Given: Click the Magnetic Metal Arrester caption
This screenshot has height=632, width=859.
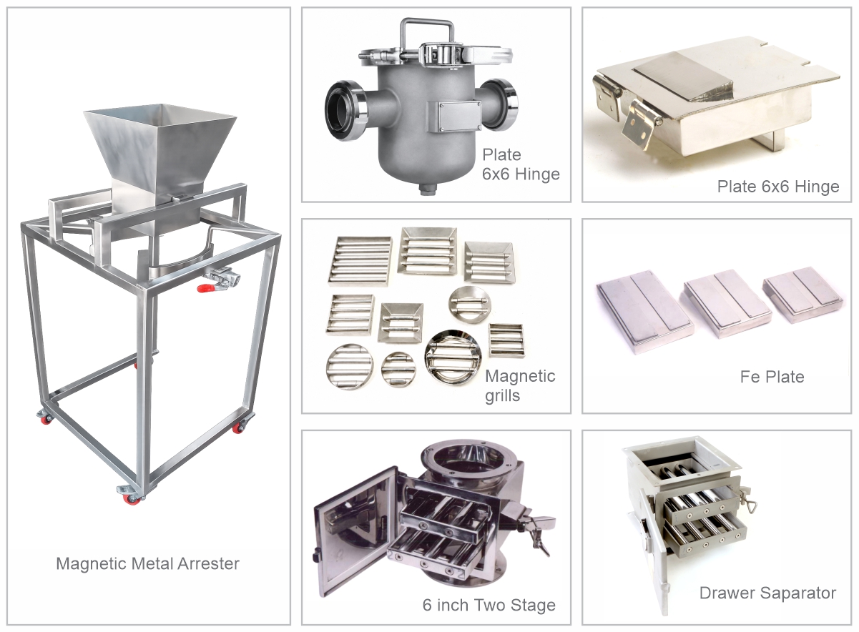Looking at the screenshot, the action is click(147, 564).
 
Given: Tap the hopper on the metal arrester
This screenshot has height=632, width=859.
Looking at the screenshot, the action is click(159, 153).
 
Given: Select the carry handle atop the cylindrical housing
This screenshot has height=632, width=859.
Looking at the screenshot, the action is click(427, 34).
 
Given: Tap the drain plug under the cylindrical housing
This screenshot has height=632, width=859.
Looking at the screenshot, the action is click(428, 189).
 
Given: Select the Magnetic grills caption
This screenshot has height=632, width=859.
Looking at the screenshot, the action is click(519, 385).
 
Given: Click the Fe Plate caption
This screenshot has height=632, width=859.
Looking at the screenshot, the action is click(772, 377).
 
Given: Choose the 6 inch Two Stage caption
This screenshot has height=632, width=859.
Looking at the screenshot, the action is click(489, 605).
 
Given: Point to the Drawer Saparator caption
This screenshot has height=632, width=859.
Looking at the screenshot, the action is click(767, 593).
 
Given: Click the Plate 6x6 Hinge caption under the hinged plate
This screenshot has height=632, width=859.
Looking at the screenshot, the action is click(778, 187).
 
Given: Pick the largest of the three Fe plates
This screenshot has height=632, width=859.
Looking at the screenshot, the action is click(645, 312).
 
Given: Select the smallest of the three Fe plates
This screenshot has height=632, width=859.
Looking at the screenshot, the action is click(803, 295).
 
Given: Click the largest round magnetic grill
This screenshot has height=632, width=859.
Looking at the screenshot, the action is click(453, 357).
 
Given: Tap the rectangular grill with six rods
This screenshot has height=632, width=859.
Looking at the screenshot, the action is click(360, 261).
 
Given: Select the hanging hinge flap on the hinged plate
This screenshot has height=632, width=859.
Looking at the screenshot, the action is click(638, 124).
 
